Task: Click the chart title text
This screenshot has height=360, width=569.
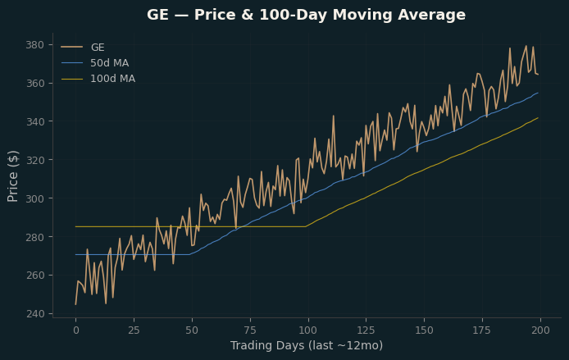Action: [x=306, y=16]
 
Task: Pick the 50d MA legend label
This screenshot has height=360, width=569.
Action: [x=109, y=63]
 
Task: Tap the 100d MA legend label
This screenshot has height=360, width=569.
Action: [x=112, y=79]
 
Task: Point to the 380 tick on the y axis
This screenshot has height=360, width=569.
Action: [x=34, y=45]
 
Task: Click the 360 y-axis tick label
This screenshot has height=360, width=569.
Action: [x=34, y=84]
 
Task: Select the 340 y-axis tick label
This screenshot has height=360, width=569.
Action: [x=34, y=121]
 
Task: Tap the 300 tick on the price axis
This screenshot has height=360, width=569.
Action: [x=34, y=198]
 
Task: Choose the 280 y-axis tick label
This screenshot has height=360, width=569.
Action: [x=34, y=237]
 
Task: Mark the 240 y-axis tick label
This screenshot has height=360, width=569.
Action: [x=34, y=313]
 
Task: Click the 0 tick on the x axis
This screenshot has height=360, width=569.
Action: [x=76, y=330]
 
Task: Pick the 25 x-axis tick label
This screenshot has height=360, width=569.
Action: [x=134, y=330]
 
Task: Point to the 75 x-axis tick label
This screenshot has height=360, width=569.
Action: [x=250, y=330]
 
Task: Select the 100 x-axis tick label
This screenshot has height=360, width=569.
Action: [x=308, y=330]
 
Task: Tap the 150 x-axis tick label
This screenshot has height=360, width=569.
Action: [x=424, y=330]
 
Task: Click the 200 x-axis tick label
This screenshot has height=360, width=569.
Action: [x=540, y=330]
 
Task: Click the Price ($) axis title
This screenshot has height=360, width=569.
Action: [x=12, y=176]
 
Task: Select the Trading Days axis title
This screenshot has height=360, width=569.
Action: [x=307, y=345]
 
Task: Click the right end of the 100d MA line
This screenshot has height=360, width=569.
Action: [x=538, y=117]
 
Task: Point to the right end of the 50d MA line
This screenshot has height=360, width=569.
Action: [x=538, y=93]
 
